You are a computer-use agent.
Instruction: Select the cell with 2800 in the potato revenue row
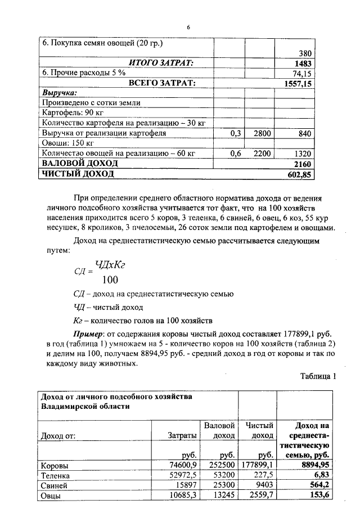coord(262,133)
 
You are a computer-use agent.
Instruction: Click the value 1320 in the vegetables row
coord(301,153)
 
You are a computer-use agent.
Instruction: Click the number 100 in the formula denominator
coord(110,280)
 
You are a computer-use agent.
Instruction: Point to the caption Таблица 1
coord(318,376)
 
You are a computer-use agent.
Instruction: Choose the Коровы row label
coord(55,466)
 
